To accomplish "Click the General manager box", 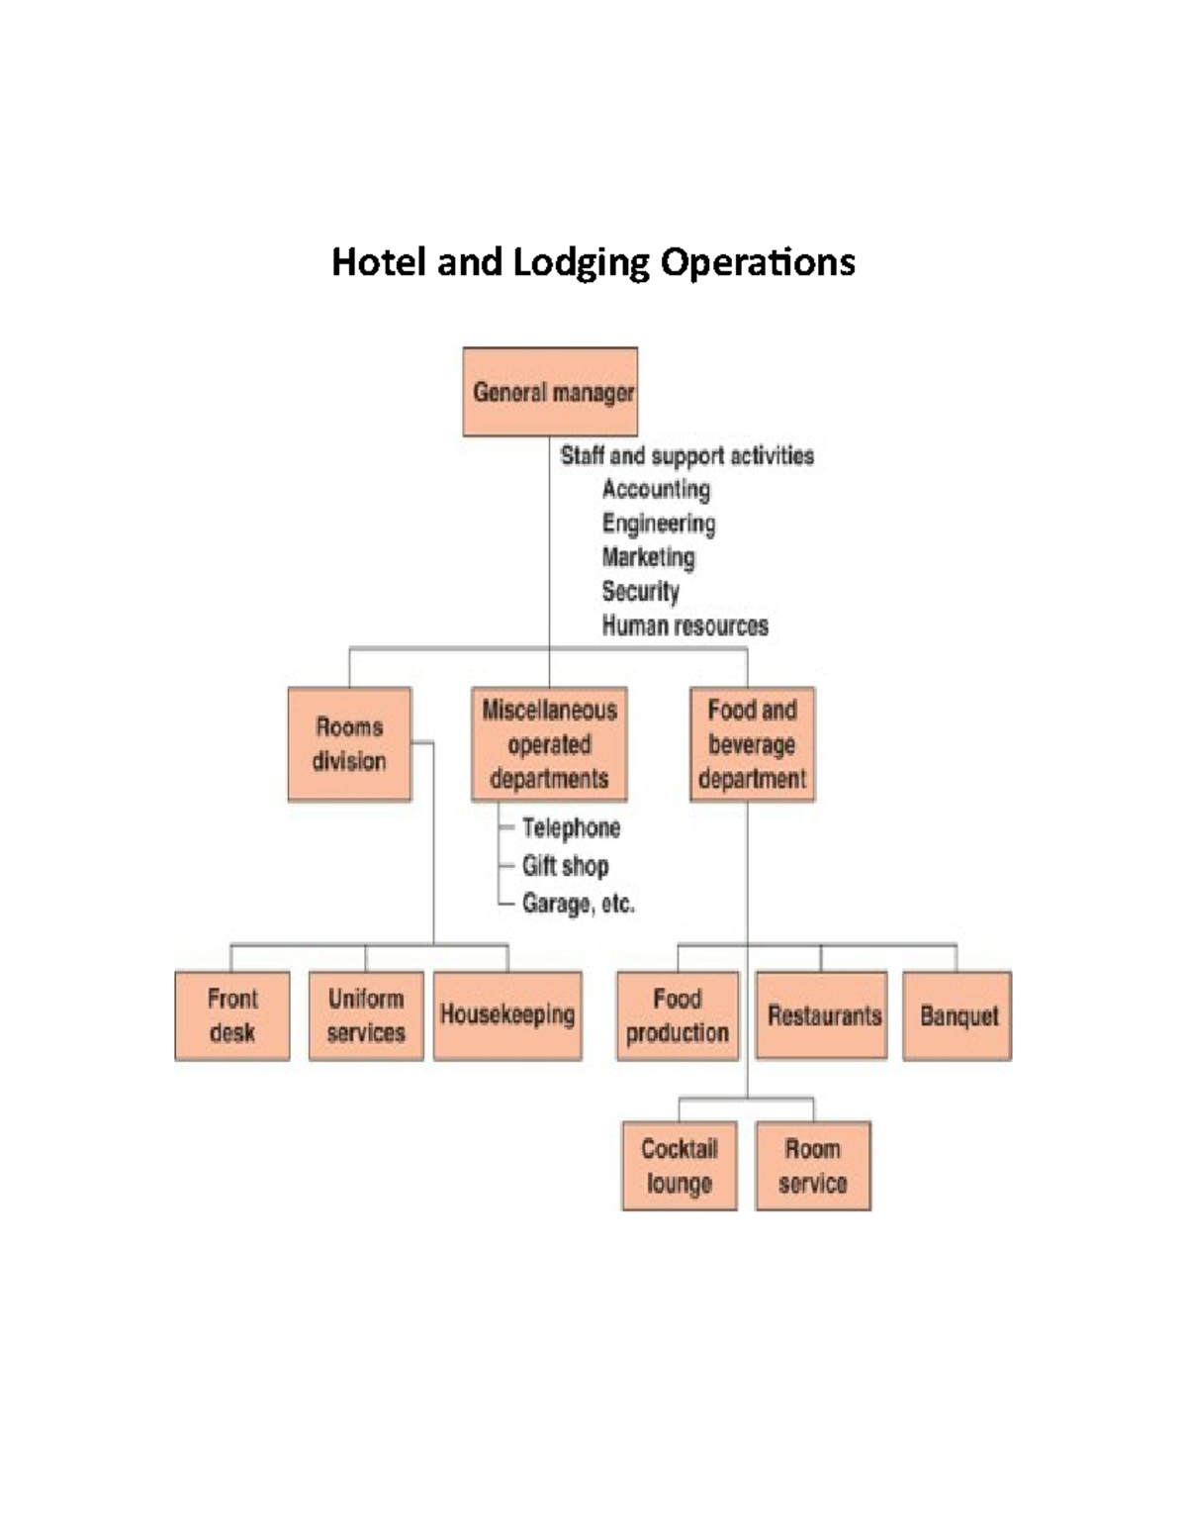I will tap(550, 392).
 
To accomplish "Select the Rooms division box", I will tap(349, 744).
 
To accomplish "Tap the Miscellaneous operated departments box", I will tap(549, 744).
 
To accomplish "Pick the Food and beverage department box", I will tap(752, 744).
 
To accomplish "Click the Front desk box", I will tap(232, 1015).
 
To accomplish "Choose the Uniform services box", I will tap(366, 1015).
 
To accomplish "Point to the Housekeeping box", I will tap(507, 1015).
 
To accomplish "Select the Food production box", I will tap(678, 1015).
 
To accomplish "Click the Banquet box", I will tap(958, 1015).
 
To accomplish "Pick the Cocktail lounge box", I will tap(680, 1166).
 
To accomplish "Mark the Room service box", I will tap(813, 1166).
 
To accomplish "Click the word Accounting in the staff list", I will tap(656, 490).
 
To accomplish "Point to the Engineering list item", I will tap(659, 524).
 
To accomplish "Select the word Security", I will tap(640, 592).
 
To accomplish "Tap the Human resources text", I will tap(685, 625).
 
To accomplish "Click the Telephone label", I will tap(571, 827).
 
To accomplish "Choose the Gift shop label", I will tap(565, 866).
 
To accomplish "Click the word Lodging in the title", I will tap(582, 263).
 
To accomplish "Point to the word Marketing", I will tap(648, 557).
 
